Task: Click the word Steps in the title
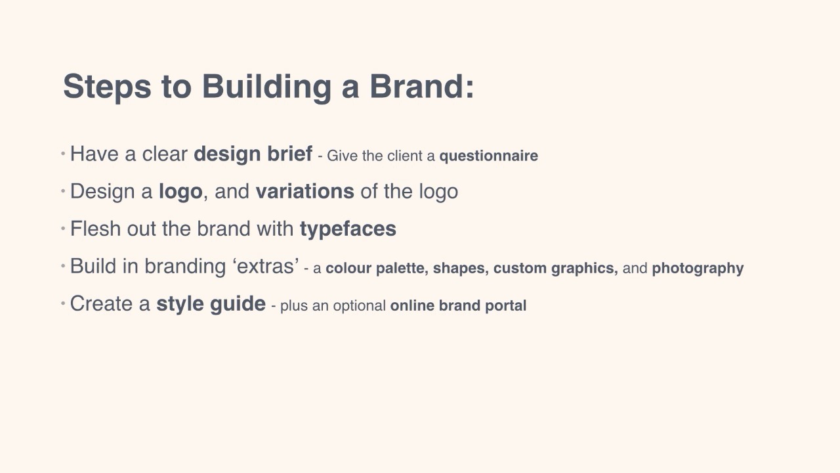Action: coord(107,87)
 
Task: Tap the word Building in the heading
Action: coord(266,87)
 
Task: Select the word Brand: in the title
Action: coord(422,86)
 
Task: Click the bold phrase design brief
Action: coord(253,154)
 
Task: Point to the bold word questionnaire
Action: coord(489,156)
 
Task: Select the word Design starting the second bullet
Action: coord(102,192)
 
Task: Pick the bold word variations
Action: coord(305,191)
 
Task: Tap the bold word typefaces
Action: coord(348,229)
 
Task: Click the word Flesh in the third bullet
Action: coord(95,229)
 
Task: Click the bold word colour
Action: coord(348,268)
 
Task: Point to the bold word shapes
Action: coord(461,269)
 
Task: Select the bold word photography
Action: coord(698,269)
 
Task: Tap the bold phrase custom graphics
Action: coord(556,269)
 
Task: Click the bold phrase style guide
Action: coord(211,304)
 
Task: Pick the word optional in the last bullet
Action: coord(359,306)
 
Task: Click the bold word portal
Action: coord(505,306)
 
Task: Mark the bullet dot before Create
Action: coord(63,303)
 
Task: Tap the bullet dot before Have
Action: coord(63,153)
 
